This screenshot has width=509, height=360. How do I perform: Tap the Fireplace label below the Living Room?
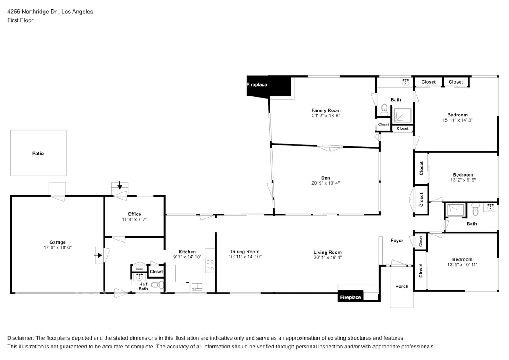pyautogui.click(x=350, y=297)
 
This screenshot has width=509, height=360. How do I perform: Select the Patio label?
pyautogui.click(x=38, y=153)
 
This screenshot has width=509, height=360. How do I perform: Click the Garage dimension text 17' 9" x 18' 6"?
pyautogui.click(x=57, y=247)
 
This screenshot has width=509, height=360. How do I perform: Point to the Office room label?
pyautogui.click(x=134, y=214)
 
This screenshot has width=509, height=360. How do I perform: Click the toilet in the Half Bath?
pyautogui.click(x=156, y=285)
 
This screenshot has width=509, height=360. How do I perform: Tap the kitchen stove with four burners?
pyautogui.click(x=210, y=265)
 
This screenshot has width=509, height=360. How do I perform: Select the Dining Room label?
pyautogui.click(x=245, y=252)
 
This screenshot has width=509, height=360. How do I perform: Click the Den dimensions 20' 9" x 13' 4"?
pyautogui.click(x=326, y=183)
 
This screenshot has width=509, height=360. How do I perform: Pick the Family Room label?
pyautogui.click(x=326, y=110)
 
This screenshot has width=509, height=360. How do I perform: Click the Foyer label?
pyautogui.click(x=397, y=241)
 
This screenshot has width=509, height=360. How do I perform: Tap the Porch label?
pyautogui.click(x=402, y=286)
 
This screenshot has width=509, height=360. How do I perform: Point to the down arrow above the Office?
pyautogui.click(x=120, y=186)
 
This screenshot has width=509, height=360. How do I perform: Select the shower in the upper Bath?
pyautogui.click(x=402, y=115)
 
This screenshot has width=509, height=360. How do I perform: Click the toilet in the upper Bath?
pyautogui.click(x=384, y=109)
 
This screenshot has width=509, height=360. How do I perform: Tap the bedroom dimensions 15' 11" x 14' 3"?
pyautogui.click(x=457, y=120)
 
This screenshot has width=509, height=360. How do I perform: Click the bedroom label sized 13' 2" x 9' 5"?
pyautogui.click(x=463, y=174)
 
